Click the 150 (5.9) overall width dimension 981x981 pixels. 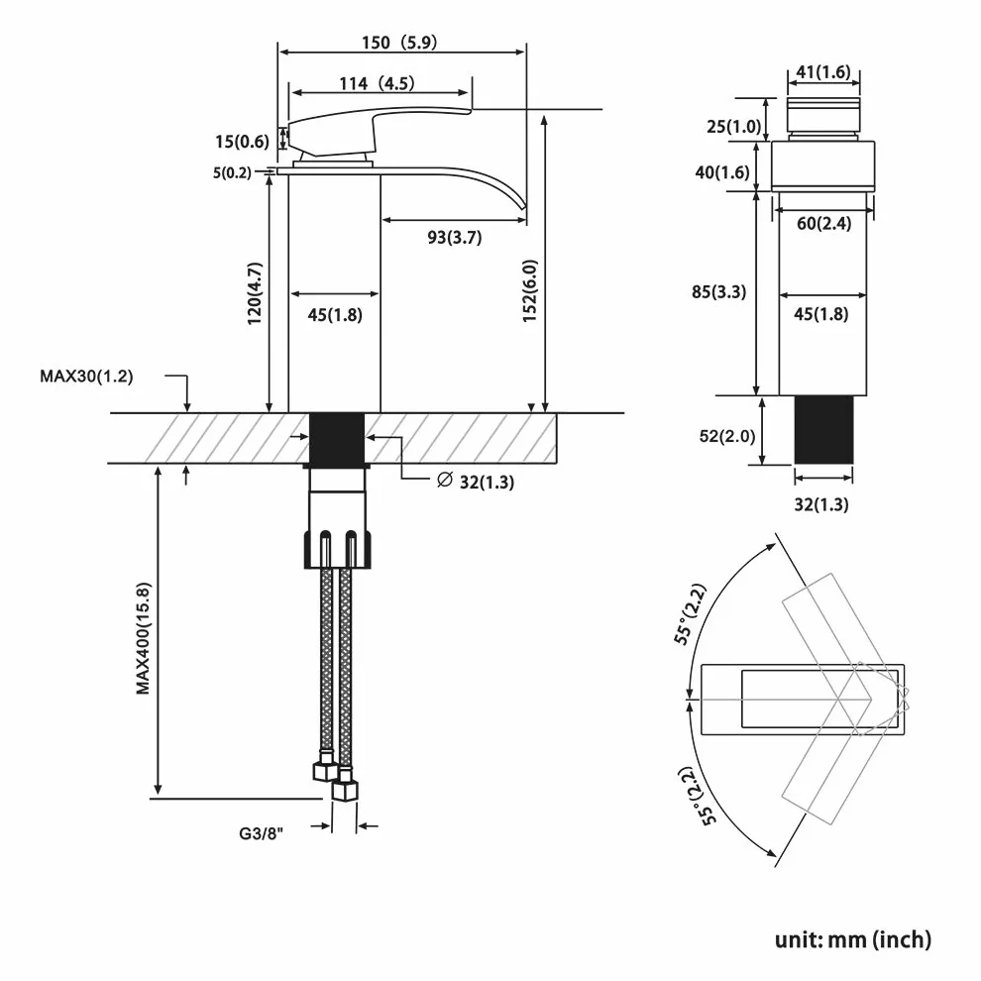[399, 43]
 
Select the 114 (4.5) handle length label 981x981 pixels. [377, 83]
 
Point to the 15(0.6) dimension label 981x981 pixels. [242, 142]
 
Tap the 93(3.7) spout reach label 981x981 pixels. [454, 237]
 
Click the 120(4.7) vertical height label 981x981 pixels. [255, 293]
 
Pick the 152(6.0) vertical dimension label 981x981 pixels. [530, 291]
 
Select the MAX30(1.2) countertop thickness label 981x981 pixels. [86, 376]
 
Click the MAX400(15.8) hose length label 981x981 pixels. [144, 638]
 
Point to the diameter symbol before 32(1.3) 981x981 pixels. [444, 480]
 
